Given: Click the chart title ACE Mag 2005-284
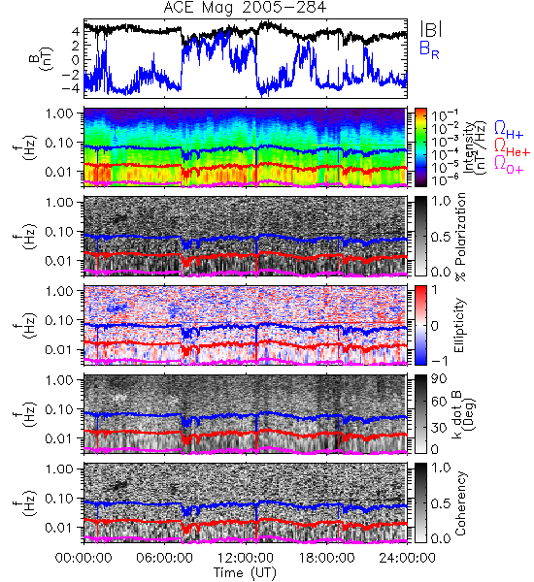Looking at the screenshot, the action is click(x=245, y=8).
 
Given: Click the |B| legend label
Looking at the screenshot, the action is click(x=431, y=29).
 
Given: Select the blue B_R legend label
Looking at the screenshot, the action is click(x=429, y=49).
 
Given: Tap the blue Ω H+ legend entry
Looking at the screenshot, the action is click(x=509, y=130).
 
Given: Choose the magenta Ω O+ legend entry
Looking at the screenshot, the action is click(x=509, y=165).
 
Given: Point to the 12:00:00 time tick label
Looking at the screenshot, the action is click(x=246, y=558).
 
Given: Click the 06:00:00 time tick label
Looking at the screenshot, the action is click(x=164, y=558).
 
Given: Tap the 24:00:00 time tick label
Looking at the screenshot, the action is click(x=407, y=558).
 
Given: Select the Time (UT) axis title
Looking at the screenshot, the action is click(x=246, y=572).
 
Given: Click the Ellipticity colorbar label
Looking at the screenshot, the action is click(x=459, y=325).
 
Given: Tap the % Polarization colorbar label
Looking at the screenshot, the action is click(x=461, y=236).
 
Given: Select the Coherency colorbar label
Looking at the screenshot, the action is click(x=460, y=503).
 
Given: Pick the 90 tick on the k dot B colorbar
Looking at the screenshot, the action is click(x=439, y=379).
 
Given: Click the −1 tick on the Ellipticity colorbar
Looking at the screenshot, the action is click(x=438, y=361).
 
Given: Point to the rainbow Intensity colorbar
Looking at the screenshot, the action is click(x=420, y=147).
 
